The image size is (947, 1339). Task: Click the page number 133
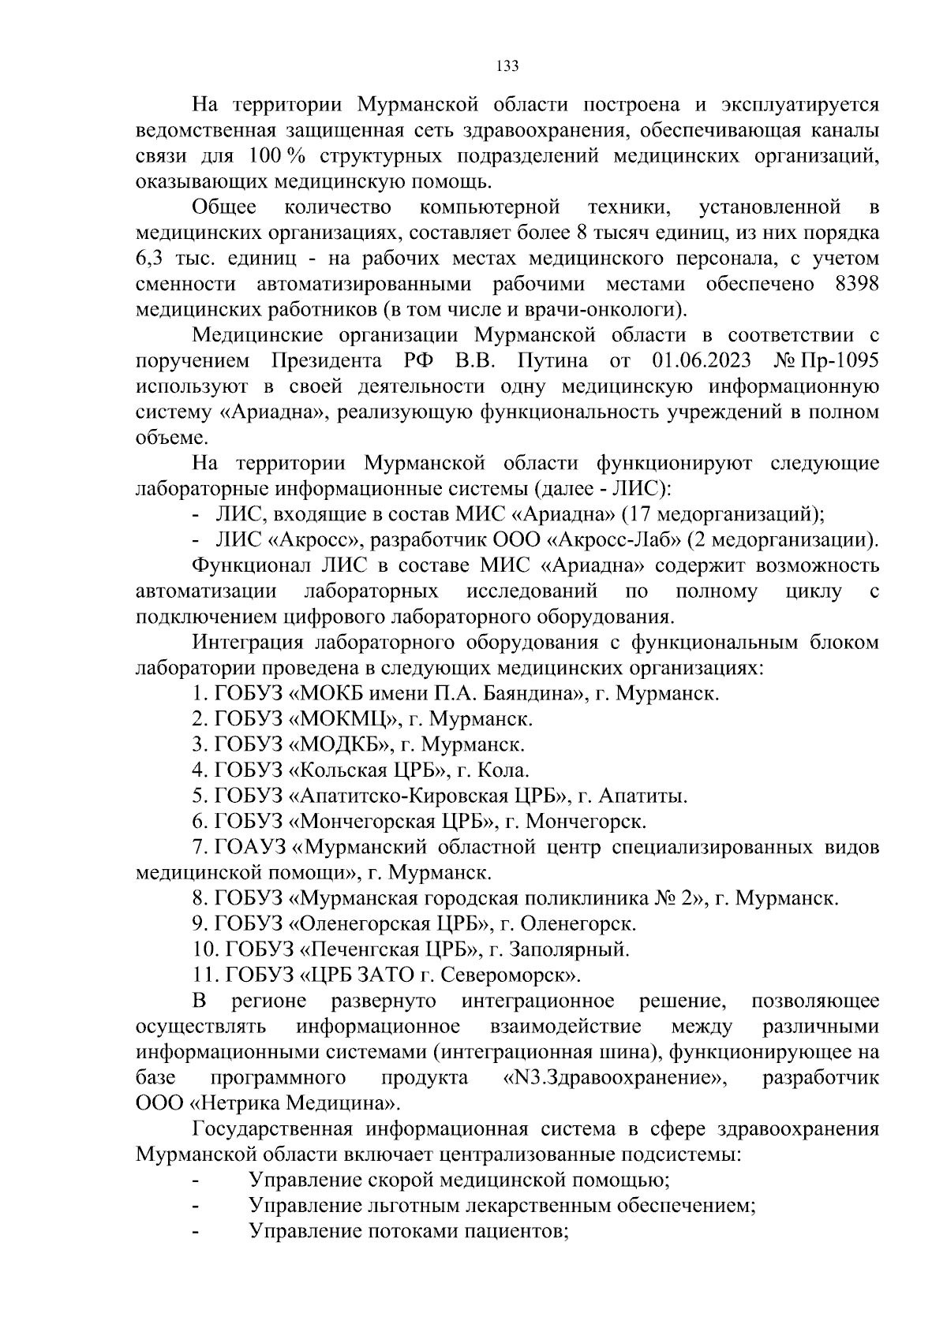coord(507,66)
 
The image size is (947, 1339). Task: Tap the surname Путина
coord(553,361)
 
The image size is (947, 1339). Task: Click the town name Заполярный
coord(569,949)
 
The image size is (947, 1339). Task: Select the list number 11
coord(202,975)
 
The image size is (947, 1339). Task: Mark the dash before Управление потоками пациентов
coord(196,1233)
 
